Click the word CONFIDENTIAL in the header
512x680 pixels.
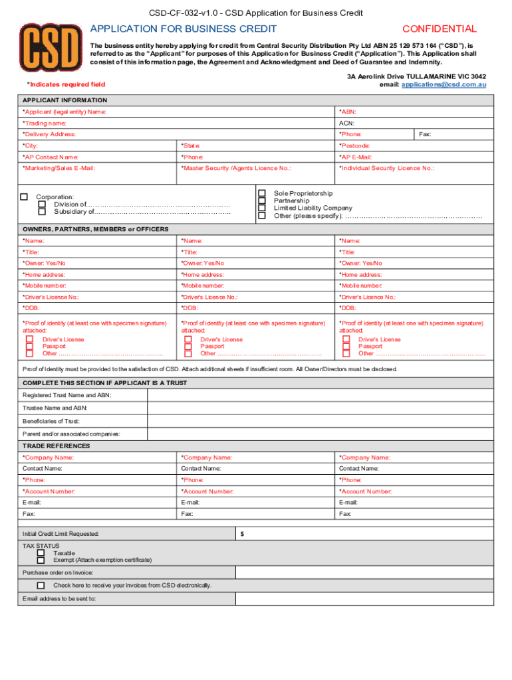[440, 29]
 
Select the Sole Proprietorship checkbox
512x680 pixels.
[262, 193]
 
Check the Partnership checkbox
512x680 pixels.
[262, 201]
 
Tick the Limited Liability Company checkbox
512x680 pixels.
[262, 208]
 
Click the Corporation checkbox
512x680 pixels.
[25, 197]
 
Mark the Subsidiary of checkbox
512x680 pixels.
[42, 212]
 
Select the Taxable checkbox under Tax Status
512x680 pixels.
[41, 552]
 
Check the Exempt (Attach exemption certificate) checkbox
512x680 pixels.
[41, 560]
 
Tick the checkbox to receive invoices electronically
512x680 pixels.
[41, 585]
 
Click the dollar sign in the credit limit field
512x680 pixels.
[242, 533]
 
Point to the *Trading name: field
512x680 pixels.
[45, 124]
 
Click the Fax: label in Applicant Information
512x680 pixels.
[425, 134]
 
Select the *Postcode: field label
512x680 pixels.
[355, 145]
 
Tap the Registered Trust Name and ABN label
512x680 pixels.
[67, 395]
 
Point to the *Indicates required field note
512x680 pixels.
[66, 84]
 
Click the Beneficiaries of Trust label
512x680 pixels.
[51, 421]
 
